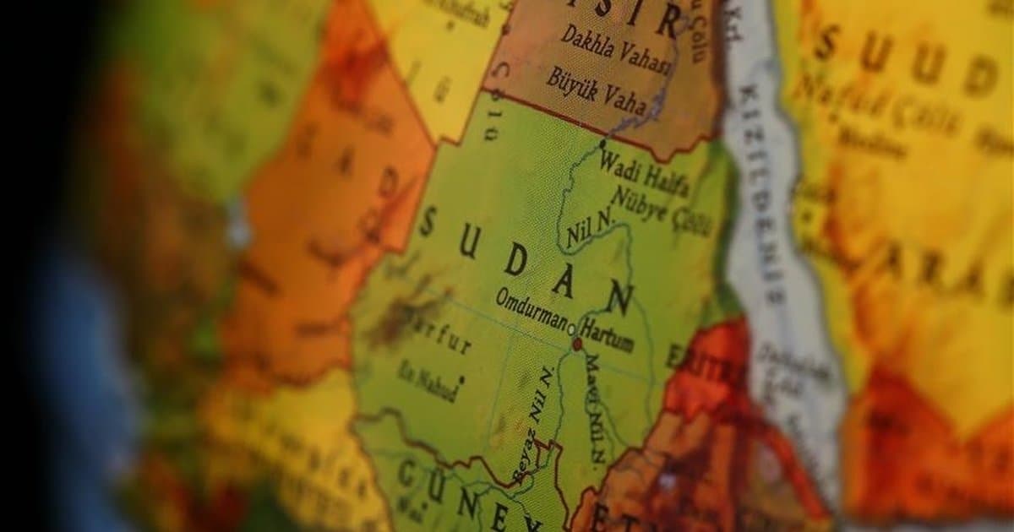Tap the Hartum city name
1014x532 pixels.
pos(608,339)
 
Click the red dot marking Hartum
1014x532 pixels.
pos(578,345)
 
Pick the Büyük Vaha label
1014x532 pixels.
pos(595,90)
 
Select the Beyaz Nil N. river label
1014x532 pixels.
pos(535,426)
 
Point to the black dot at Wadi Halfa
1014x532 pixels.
pos(602,144)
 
